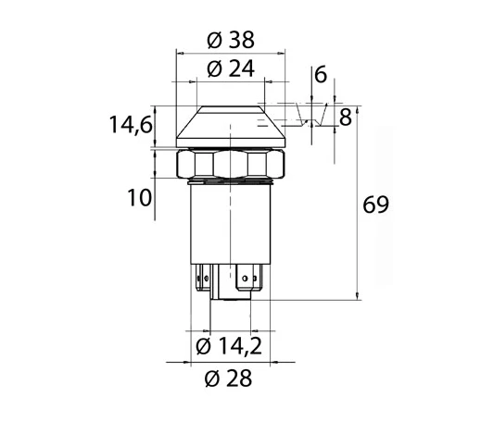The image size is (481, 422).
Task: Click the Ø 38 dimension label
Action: coord(231,40)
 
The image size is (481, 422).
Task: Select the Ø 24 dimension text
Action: coord(231,68)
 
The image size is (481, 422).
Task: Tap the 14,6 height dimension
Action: coord(131,125)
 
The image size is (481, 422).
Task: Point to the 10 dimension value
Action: coord(139,197)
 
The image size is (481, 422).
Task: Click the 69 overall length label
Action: coord(375,205)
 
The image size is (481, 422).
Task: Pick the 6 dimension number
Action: coord(321,74)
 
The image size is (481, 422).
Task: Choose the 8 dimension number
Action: coord(346,118)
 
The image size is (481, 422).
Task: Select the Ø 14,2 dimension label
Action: coord(229,346)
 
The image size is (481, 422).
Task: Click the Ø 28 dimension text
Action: coord(228,378)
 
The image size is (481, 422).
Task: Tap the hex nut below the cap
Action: coord(231,164)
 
